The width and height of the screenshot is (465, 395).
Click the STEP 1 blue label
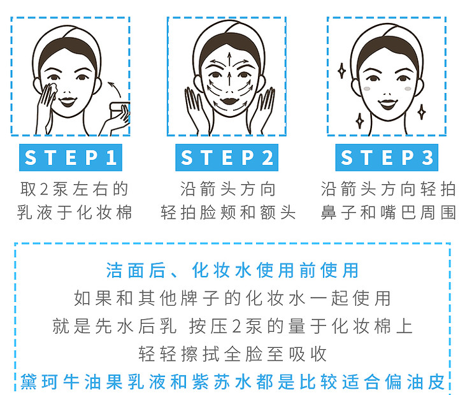71,157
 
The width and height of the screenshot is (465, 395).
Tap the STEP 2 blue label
227,157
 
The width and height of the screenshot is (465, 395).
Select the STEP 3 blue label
387,157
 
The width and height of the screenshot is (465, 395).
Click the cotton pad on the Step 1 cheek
52,90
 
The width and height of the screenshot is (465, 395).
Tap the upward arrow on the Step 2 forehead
229,60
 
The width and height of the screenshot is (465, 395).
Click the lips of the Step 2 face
229,101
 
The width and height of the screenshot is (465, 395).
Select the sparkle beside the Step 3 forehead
341,71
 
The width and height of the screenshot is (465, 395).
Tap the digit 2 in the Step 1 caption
44,189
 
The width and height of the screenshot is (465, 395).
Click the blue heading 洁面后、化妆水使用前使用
232,271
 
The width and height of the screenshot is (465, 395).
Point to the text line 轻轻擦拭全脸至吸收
232,354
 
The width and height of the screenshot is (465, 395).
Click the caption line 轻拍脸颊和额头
228,213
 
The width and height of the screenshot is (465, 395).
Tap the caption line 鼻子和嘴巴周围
388,213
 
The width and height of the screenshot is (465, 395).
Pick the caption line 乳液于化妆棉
74,213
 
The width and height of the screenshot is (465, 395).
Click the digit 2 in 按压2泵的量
236,326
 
